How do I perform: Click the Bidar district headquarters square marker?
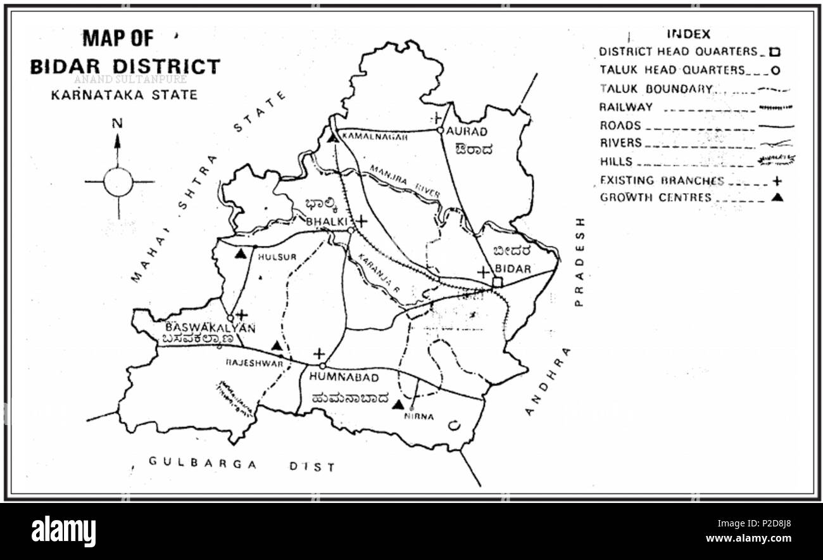point(498,282)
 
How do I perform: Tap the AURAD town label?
point(467,131)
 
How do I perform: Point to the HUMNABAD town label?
point(344,378)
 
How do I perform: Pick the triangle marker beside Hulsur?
point(240,254)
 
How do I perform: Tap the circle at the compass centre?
point(118,182)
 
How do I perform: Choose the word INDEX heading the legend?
point(688,34)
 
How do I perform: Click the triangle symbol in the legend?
point(778,197)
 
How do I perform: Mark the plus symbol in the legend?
point(777,181)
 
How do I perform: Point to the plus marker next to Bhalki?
point(361,221)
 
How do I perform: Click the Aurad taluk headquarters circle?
point(438,131)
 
